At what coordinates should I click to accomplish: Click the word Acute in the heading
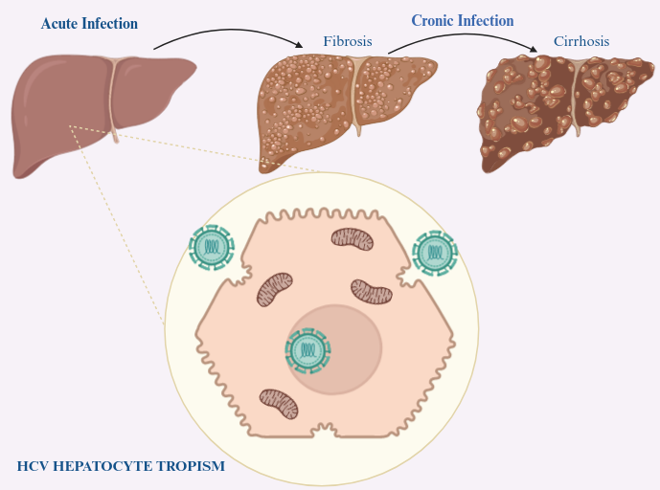pos(59,24)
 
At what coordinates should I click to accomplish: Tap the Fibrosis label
pos(348,43)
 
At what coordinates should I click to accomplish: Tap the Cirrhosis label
pos(580,42)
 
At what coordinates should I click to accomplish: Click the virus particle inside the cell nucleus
pos(308,349)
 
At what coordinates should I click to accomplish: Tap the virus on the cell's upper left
pos(211,247)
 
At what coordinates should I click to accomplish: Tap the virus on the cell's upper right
pos(434,253)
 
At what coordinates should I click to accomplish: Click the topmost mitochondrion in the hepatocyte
pos(352,240)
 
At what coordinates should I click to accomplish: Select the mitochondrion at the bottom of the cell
pos(279,403)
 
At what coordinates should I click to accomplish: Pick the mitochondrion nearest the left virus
pos(275,289)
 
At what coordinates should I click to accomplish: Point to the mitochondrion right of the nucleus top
pos(372,292)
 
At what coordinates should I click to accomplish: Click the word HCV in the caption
pos(34,467)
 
